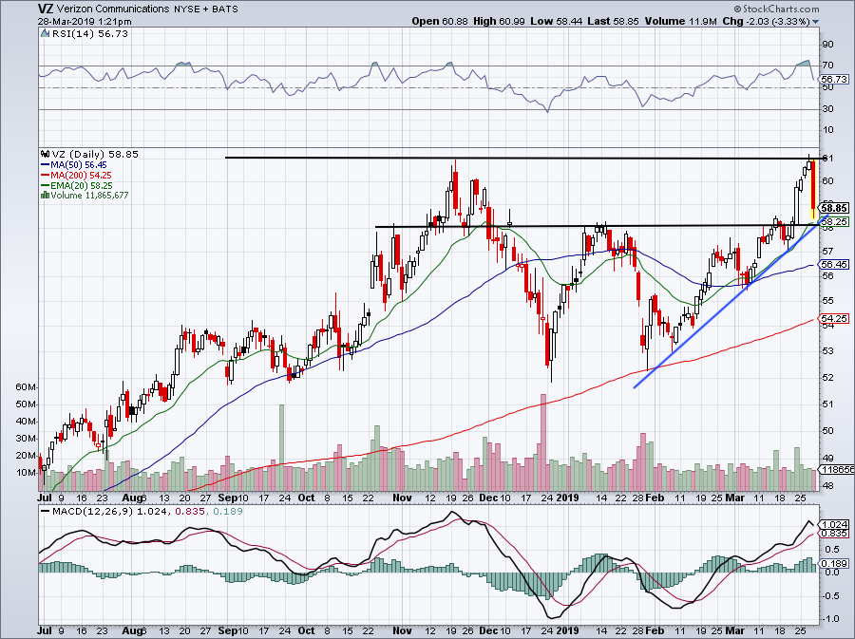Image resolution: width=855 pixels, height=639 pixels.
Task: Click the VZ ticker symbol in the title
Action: pyautogui.click(x=18, y=9)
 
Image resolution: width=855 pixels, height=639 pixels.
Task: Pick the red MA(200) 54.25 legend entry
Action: pyautogui.click(x=79, y=175)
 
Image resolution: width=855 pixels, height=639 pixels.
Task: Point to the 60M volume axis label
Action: pyautogui.click(x=25, y=388)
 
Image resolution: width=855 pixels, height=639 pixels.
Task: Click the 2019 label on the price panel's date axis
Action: pyautogui.click(x=568, y=497)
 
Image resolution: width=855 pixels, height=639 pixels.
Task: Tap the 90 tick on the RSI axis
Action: pyautogui.click(x=826, y=44)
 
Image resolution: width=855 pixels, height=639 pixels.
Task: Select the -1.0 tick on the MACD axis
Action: pyautogui.click(x=829, y=618)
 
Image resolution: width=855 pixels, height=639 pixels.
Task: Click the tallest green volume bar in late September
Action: pyautogui.click(x=281, y=437)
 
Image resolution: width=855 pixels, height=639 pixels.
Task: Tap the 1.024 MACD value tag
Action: pyautogui.click(x=832, y=525)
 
